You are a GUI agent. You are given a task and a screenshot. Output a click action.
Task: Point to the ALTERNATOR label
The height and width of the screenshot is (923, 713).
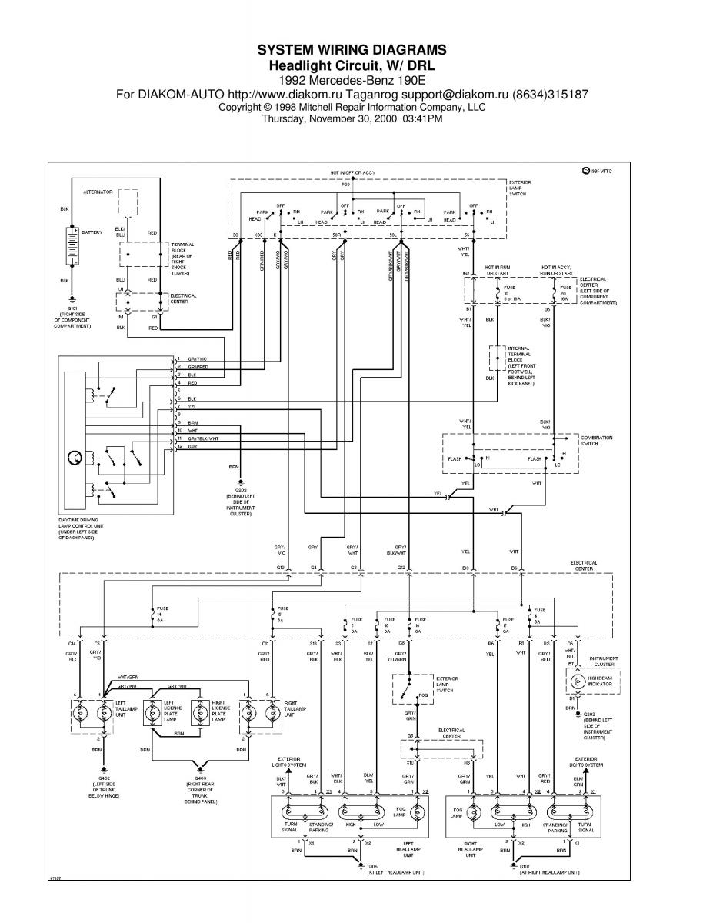98,191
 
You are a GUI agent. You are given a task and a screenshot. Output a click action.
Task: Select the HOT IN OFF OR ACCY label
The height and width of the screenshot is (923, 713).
352,174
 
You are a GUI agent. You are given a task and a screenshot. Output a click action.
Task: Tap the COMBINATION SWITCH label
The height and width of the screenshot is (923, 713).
596,442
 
